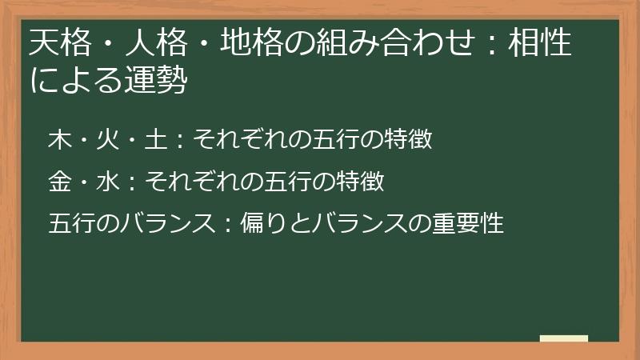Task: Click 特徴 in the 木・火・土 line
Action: click(407, 141)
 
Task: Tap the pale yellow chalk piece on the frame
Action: click(564, 338)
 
